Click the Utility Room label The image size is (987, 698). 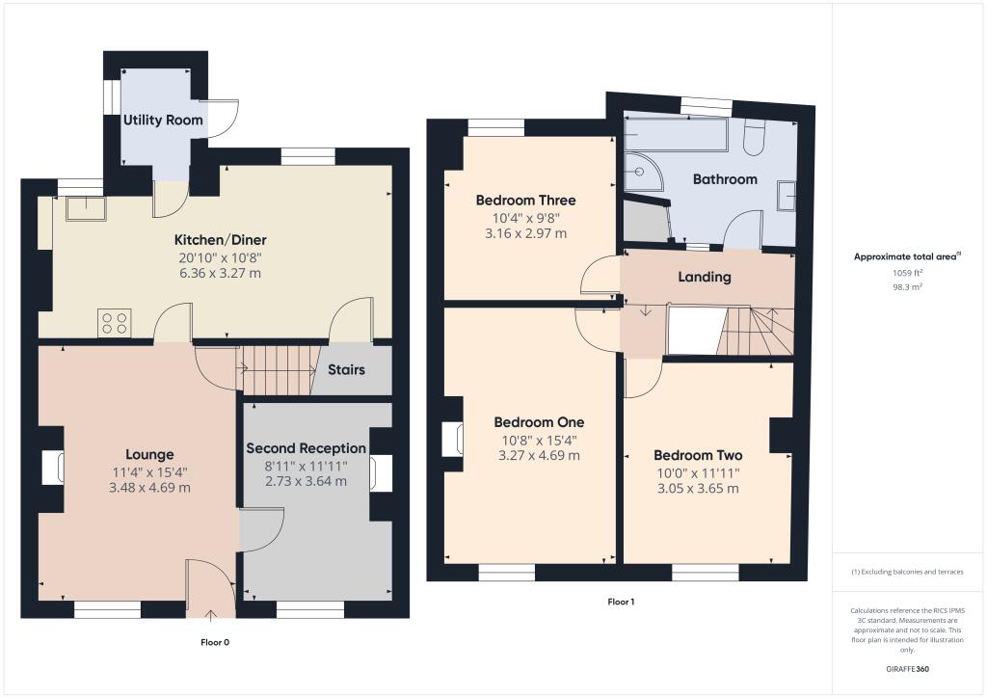(x=163, y=120)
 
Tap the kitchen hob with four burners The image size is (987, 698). (x=114, y=323)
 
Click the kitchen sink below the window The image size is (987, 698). (x=84, y=208)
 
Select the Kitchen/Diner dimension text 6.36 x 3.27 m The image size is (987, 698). (x=220, y=273)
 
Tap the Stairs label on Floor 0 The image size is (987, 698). (x=346, y=369)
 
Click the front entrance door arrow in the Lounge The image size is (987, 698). (x=211, y=612)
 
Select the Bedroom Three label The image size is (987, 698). (x=525, y=201)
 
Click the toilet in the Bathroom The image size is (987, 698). (x=754, y=141)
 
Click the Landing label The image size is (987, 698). (x=705, y=277)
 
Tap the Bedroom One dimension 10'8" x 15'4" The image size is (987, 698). (x=539, y=440)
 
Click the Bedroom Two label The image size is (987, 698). (x=697, y=455)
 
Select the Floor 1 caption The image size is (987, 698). (x=621, y=602)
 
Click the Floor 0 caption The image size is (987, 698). (x=214, y=642)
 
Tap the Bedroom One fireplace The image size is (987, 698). (x=451, y=439)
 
